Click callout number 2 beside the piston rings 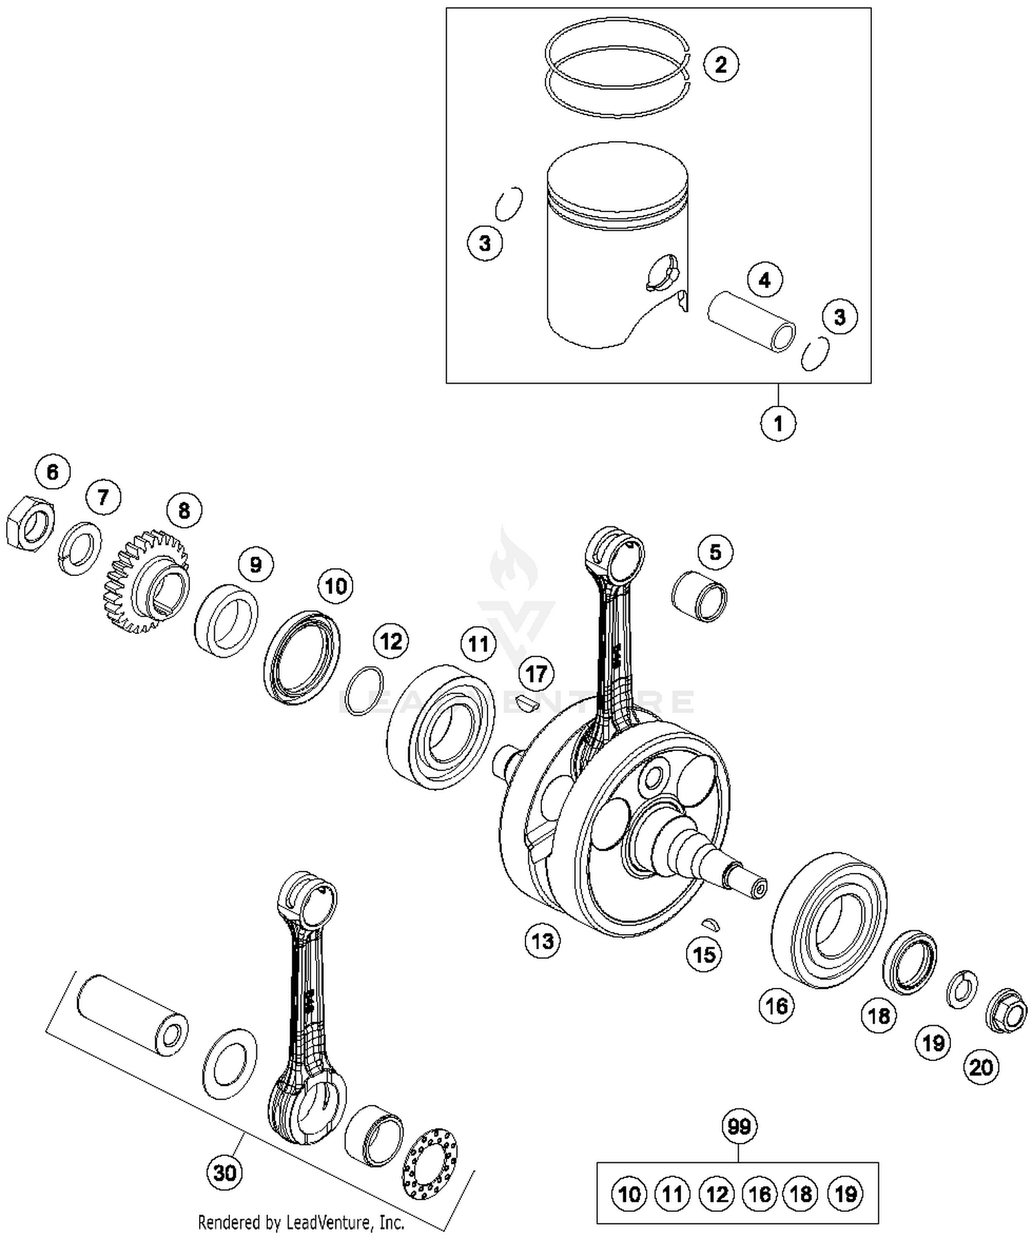[720, 65]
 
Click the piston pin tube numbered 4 [751, 322]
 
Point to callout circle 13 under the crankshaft [543, 940]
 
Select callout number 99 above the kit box [739, 1126]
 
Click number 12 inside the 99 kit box [716, 1194]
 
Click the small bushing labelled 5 [699, 595]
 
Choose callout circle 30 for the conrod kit [225, 1172]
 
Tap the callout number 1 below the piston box [778, 423]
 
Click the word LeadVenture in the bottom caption [332, 1223]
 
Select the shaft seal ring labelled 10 [302, 657]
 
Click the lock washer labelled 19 [962, 989]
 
